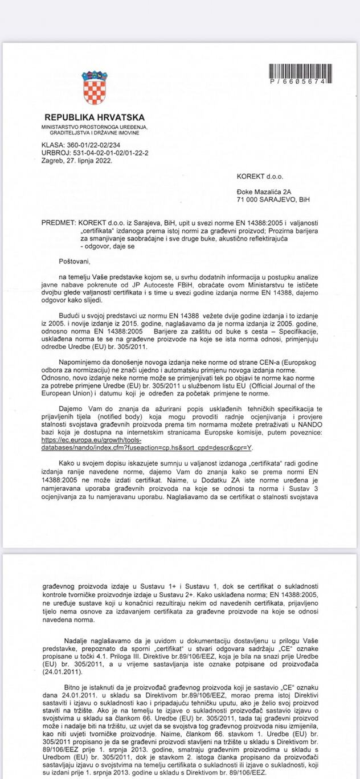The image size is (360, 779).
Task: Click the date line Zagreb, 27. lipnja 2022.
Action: [77, 161]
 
